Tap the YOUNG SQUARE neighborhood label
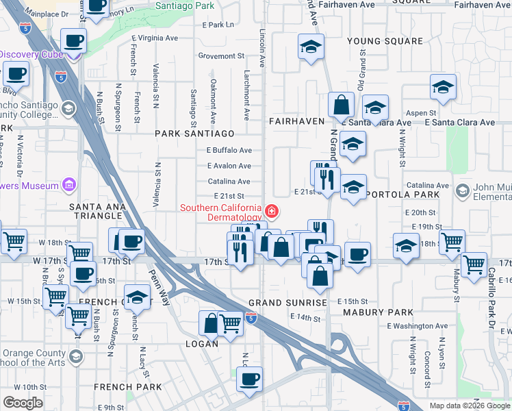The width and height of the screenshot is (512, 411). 378,41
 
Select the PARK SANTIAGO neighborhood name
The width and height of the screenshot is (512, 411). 194,133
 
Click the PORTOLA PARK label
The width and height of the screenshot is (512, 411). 401,195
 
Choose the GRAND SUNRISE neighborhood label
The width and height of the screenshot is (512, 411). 287,302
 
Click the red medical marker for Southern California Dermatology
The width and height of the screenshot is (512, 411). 272,211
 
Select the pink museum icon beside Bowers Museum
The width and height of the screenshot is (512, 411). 68,184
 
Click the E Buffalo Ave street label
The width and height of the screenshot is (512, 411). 229,150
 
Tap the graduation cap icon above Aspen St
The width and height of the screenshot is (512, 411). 443,88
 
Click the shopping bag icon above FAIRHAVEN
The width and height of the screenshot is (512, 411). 341,105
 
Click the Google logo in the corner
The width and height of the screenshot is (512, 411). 23,403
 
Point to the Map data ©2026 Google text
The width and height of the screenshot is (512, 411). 470,406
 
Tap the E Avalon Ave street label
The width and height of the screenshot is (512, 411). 229,166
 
